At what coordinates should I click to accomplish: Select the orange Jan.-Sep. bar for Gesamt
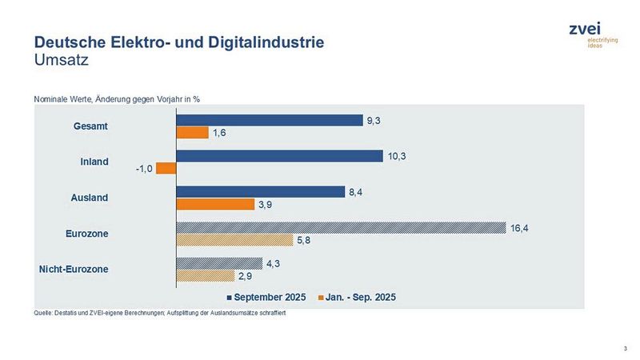(192, 132)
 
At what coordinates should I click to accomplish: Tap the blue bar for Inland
(278, 156)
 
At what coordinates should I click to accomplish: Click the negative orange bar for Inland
(166, 168)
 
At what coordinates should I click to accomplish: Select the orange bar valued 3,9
(214, 204)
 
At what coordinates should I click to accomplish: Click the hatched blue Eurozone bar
(340, 228)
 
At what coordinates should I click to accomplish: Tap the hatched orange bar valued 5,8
(234, 240)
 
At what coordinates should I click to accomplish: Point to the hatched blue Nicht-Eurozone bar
(218, 263)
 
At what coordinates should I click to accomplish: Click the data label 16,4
(521, 228)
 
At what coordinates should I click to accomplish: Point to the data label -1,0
(142, 168)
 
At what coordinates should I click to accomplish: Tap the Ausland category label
(90, 198)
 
